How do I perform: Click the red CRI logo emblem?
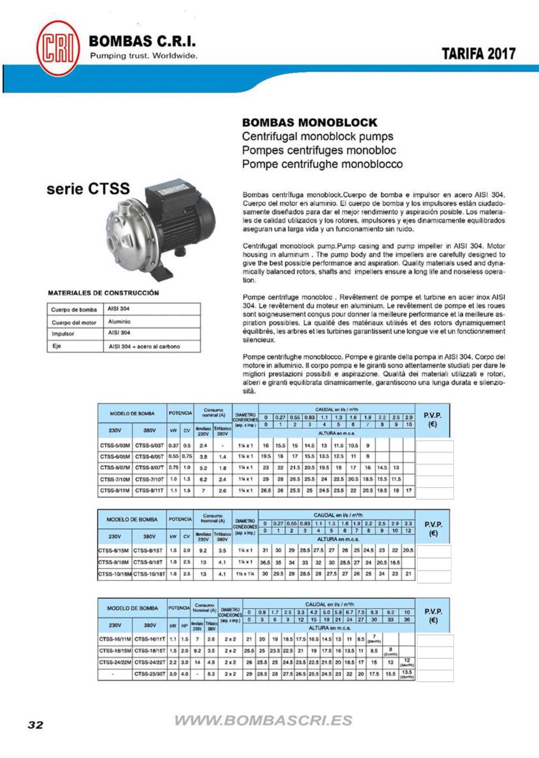[58, 48]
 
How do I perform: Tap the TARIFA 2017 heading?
[478, 54]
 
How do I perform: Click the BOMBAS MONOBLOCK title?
[310, 123]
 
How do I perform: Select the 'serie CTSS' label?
[88, 189]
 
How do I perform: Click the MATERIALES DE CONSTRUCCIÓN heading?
[103, 293]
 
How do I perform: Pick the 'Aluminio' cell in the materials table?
[119, 322]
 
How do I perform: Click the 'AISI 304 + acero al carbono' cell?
[144, 347]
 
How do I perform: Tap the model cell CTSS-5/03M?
[115, 445]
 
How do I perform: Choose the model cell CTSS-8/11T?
[149, 491]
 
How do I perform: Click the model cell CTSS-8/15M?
[114, 550]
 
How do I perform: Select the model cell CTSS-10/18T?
[149, 574]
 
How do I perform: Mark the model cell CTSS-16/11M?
[115, 639]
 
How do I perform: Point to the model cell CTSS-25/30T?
[149, 674]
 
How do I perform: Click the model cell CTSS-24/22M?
[115, 662]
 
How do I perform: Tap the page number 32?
[36, 724]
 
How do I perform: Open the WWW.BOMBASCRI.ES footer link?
[263, 720]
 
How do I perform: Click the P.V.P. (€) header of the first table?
[432, 420]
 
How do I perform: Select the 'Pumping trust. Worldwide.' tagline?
[143, 56]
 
